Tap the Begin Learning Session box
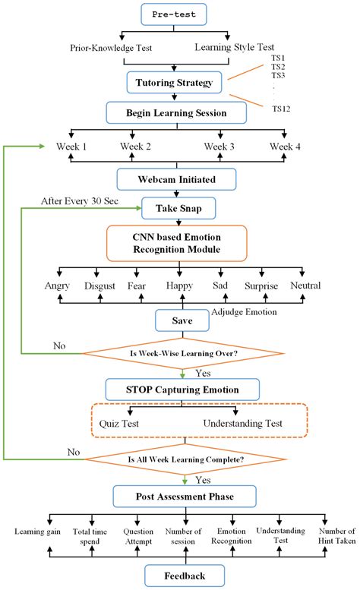176,114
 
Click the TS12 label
282,109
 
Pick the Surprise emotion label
261,286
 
